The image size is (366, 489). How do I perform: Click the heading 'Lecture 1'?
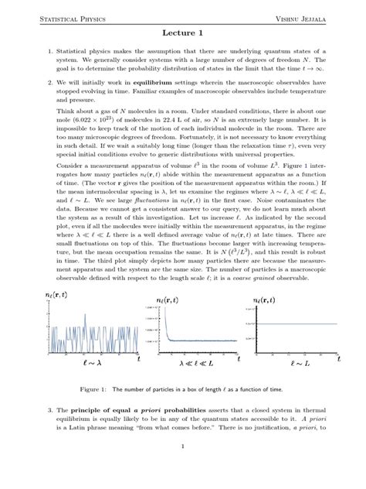[x=183, y=35]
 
